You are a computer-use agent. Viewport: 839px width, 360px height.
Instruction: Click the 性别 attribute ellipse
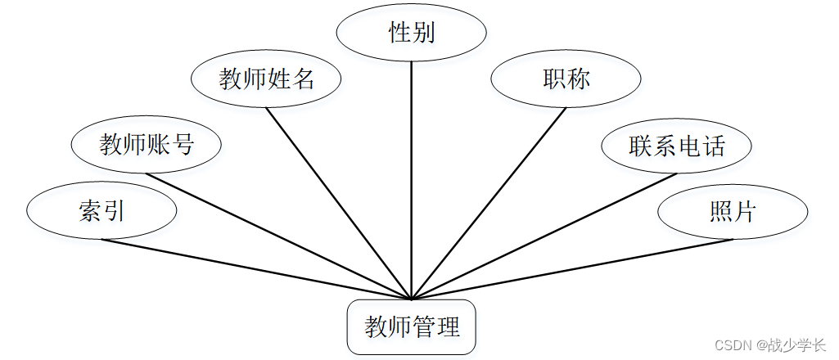[x=412, y=33]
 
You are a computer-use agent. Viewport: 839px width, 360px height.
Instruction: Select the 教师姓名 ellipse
[x=266, y=79]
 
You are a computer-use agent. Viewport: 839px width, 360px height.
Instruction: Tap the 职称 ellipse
[x=566, y=79]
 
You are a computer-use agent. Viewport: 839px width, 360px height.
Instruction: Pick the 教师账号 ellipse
[x=147, y=146]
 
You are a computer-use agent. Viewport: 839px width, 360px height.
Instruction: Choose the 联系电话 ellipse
[x=677, y=146]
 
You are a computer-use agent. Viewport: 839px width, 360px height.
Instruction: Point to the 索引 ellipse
[x=101, y=212]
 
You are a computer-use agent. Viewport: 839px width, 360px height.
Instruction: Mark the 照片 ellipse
[x=733, y=212]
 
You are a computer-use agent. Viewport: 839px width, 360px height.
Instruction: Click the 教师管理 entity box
[x=412, y=328]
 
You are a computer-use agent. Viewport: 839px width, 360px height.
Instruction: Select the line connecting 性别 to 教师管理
[x=412, y=180]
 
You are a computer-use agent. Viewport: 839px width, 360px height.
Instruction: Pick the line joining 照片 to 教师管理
[x=573, y=269]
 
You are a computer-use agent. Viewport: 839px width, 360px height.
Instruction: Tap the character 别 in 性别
[x=423, y=33]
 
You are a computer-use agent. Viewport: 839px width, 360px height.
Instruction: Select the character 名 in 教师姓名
[x=304, y=79]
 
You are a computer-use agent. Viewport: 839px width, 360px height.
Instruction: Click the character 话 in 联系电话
[x=714, y=146]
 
